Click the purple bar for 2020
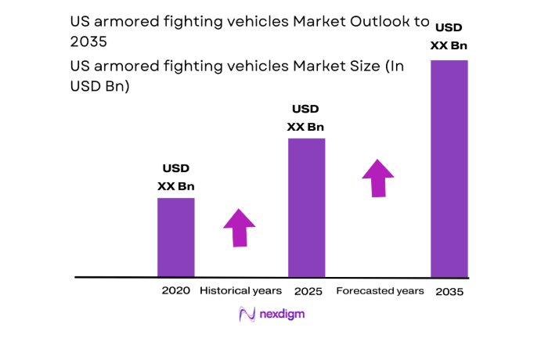[175, 237]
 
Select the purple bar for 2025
[306, 207]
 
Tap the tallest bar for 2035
[449, 168]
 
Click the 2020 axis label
[175, 290]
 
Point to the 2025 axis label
[308, 290]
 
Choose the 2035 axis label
[450, 291]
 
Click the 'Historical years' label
[240, 290]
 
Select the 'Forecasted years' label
[380, 290]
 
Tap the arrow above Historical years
[240, 228]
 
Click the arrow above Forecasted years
[378, 178]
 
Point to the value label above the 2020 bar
[175, 177]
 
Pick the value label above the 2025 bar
[306, 117]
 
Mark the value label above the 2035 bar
[449, 37]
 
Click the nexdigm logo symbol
[247, 315]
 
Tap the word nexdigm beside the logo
[283, 315]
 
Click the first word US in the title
[80, 22]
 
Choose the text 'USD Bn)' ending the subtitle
[99, 87]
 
